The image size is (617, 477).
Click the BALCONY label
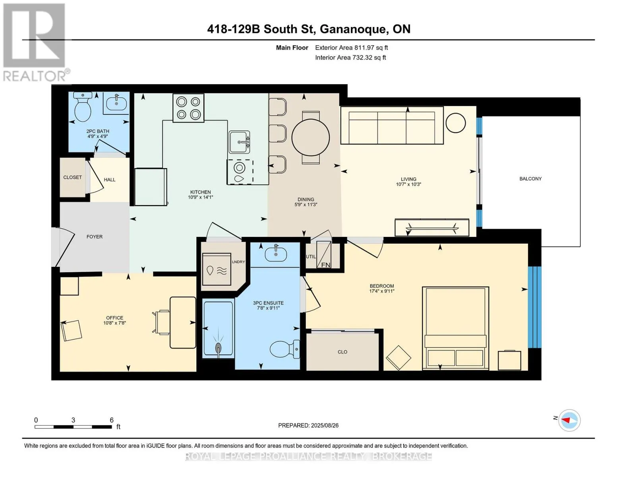530,179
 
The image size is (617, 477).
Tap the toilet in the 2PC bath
83,107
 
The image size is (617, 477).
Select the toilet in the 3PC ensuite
284,349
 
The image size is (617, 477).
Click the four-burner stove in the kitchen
188,108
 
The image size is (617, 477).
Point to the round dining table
310,138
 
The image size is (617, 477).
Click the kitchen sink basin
239,142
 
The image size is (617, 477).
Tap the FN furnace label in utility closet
325,265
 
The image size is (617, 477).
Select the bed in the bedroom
455,328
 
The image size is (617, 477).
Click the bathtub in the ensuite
218,329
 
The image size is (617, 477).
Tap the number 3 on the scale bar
73,420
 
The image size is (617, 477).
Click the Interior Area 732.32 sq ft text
350,57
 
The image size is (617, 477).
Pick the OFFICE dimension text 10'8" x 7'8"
114,323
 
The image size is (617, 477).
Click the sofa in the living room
392,125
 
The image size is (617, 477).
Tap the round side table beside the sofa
455,123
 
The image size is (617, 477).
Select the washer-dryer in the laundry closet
217,269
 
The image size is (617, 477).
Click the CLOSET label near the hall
72,177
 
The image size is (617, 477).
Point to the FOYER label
95,237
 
